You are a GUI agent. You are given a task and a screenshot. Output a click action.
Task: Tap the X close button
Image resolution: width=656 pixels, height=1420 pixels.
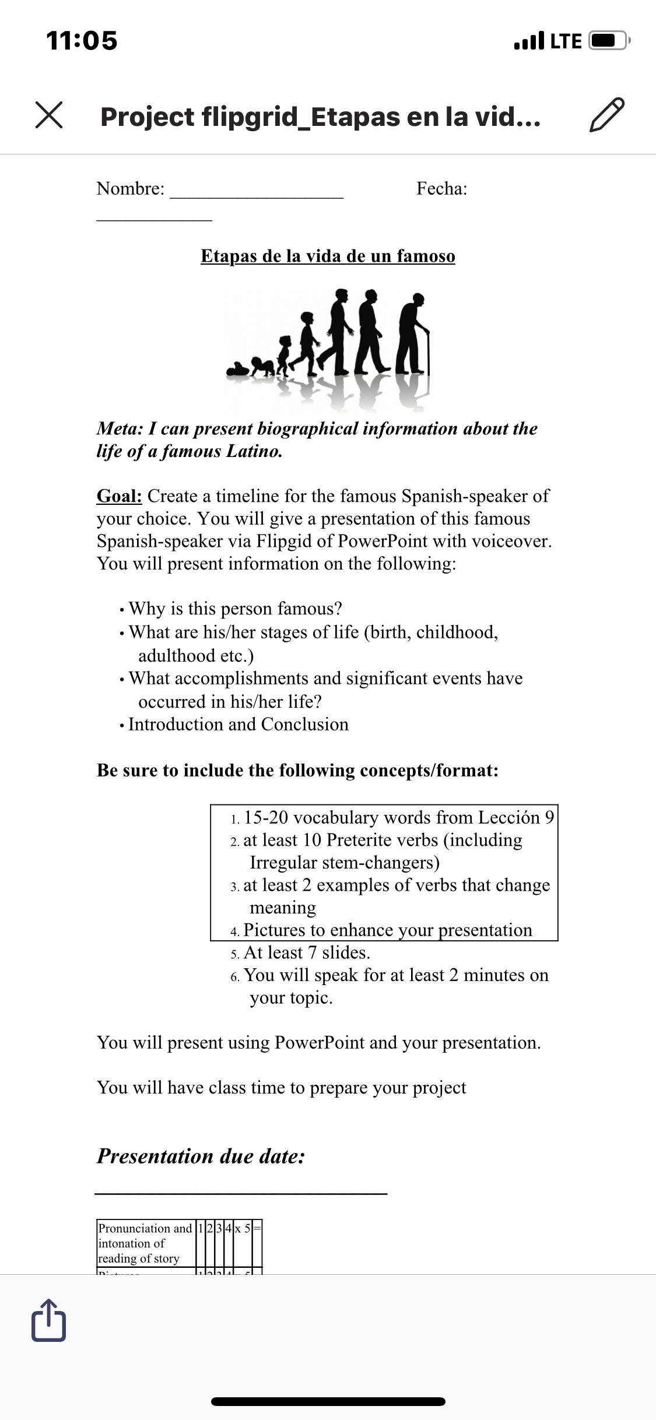49,114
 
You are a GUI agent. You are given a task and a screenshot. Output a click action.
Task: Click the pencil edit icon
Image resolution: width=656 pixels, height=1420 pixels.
607,115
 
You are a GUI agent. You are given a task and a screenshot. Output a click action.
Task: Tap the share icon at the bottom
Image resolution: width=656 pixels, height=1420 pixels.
49,1320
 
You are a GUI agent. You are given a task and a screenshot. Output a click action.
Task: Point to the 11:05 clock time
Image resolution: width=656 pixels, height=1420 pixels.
82,41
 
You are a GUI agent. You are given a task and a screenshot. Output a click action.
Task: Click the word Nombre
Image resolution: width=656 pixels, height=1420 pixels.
130,188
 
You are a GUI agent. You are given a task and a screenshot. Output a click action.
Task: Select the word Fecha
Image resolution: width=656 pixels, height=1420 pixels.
441,188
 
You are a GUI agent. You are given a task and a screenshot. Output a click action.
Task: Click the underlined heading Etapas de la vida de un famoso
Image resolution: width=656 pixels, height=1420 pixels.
328,256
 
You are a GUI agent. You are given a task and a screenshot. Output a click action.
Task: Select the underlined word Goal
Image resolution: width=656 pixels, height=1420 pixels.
119,496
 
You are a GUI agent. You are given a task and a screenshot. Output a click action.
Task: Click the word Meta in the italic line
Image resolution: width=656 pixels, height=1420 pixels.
119,428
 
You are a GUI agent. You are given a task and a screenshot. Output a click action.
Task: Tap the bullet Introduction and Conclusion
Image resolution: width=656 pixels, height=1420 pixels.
238,724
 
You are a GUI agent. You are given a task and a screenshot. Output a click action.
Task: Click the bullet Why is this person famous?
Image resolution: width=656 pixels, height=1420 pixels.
235,609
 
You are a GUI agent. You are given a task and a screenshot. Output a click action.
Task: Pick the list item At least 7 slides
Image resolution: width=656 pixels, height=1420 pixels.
307,952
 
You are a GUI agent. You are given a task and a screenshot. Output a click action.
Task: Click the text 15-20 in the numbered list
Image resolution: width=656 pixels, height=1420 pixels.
266,817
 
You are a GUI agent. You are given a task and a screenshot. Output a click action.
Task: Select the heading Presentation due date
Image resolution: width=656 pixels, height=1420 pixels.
201,1156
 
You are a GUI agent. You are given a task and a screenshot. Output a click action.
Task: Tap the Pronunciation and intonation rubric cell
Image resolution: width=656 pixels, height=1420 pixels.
145,1242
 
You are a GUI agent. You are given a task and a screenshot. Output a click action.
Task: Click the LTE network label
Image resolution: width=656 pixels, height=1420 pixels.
566,41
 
